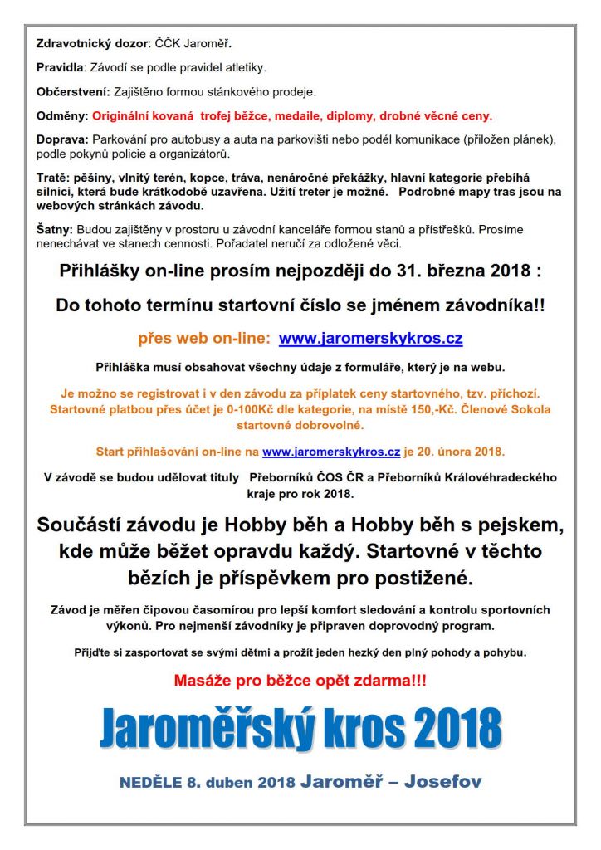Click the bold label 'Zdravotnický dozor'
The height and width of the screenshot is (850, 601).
(90, 42)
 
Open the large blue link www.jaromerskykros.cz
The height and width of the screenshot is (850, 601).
(370, 339)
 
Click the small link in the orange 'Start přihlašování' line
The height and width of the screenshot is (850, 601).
(331, 452)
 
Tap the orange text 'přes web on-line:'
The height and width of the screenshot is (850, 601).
(203, 339)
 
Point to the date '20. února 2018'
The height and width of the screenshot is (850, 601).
(462, 452)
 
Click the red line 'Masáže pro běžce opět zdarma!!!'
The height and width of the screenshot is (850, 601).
(300, 681)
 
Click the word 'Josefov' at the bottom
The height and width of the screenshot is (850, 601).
(442, 782)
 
